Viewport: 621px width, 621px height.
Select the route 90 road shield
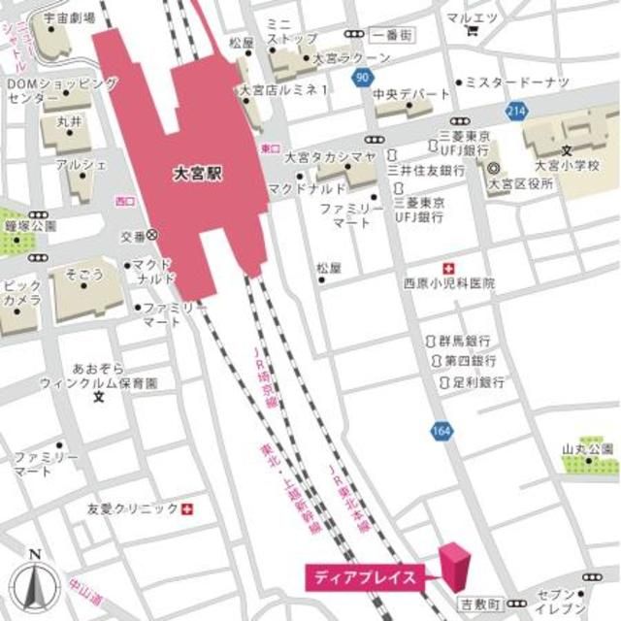361,75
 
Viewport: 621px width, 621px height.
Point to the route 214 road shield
515,114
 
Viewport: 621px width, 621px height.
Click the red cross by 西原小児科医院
447,267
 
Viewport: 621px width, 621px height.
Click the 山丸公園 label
588,448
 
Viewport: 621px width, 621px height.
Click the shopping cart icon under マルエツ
473,30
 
